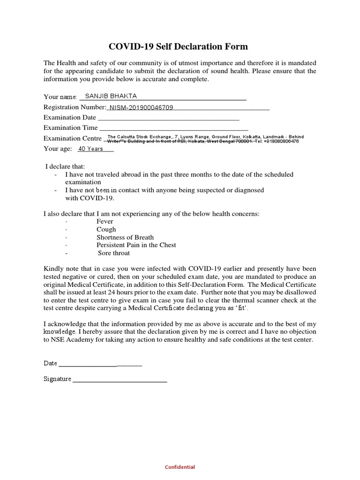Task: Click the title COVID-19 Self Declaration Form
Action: (178, 46)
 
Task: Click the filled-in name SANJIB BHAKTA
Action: (111, 96)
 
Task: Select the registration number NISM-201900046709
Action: (141, 107)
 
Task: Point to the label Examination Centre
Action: (72, 138)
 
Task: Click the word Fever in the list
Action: (105, 221)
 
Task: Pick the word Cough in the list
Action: (106, 229)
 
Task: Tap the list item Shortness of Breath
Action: (125, 237)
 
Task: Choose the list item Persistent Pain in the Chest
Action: (136, 245)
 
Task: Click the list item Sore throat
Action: (114, 253)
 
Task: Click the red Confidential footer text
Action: (180, 467)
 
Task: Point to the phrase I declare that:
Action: (65, 166)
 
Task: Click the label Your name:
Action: (60, 97)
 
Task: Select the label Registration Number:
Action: (75, 107)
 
